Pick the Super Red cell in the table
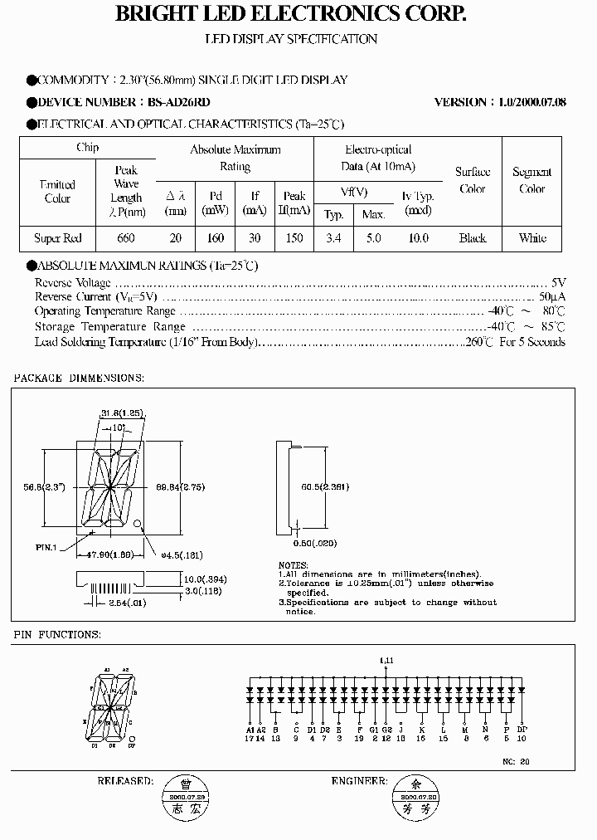tap(58, 238)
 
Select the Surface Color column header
tap(473, 180)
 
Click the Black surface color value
tap(473, 238)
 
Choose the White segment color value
tap(532, 238)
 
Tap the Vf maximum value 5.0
tap(374, 238)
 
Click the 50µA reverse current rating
tap(552, 296)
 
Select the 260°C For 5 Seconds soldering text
tap(514, 342)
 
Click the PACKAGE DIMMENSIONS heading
tap(79, 378)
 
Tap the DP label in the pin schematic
tap(521, 729)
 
